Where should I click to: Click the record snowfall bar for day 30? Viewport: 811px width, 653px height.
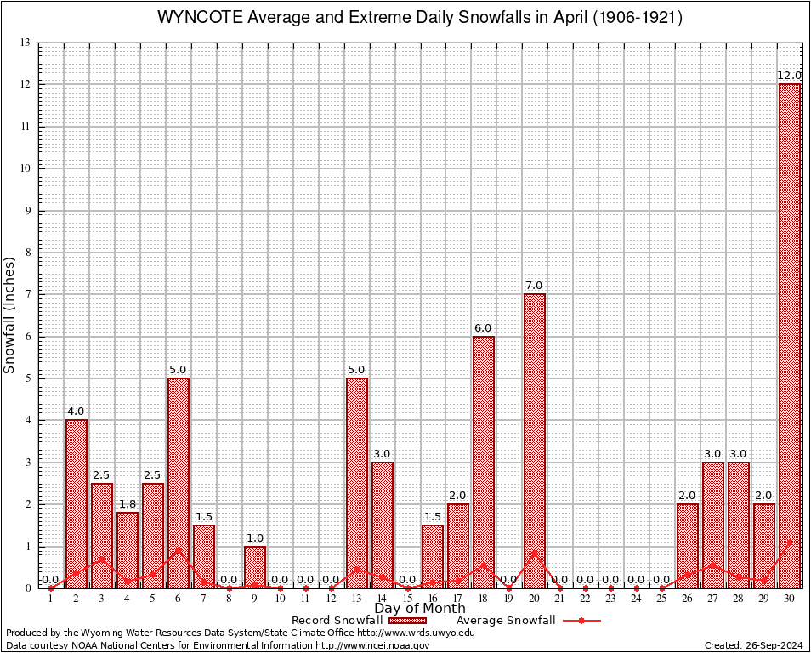790,336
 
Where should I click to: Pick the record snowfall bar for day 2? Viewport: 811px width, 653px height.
77,503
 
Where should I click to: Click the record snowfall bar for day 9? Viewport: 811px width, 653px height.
255,566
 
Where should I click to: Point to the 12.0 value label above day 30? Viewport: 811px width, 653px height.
790,76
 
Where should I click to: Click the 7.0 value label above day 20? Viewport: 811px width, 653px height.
535,286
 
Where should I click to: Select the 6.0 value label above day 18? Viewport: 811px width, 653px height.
484,328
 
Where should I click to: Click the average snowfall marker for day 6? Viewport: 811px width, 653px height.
179,549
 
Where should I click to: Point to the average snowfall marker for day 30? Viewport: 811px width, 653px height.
790,541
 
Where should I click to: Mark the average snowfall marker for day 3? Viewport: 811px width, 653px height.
102,559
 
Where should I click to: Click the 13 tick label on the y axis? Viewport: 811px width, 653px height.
26,43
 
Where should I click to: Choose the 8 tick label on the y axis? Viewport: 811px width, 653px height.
29,253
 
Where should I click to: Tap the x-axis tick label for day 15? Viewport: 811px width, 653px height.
407,599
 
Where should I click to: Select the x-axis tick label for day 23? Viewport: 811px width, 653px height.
611,599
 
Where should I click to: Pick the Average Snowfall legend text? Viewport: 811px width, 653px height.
500,620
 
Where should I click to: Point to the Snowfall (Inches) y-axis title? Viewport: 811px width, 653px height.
10,315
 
